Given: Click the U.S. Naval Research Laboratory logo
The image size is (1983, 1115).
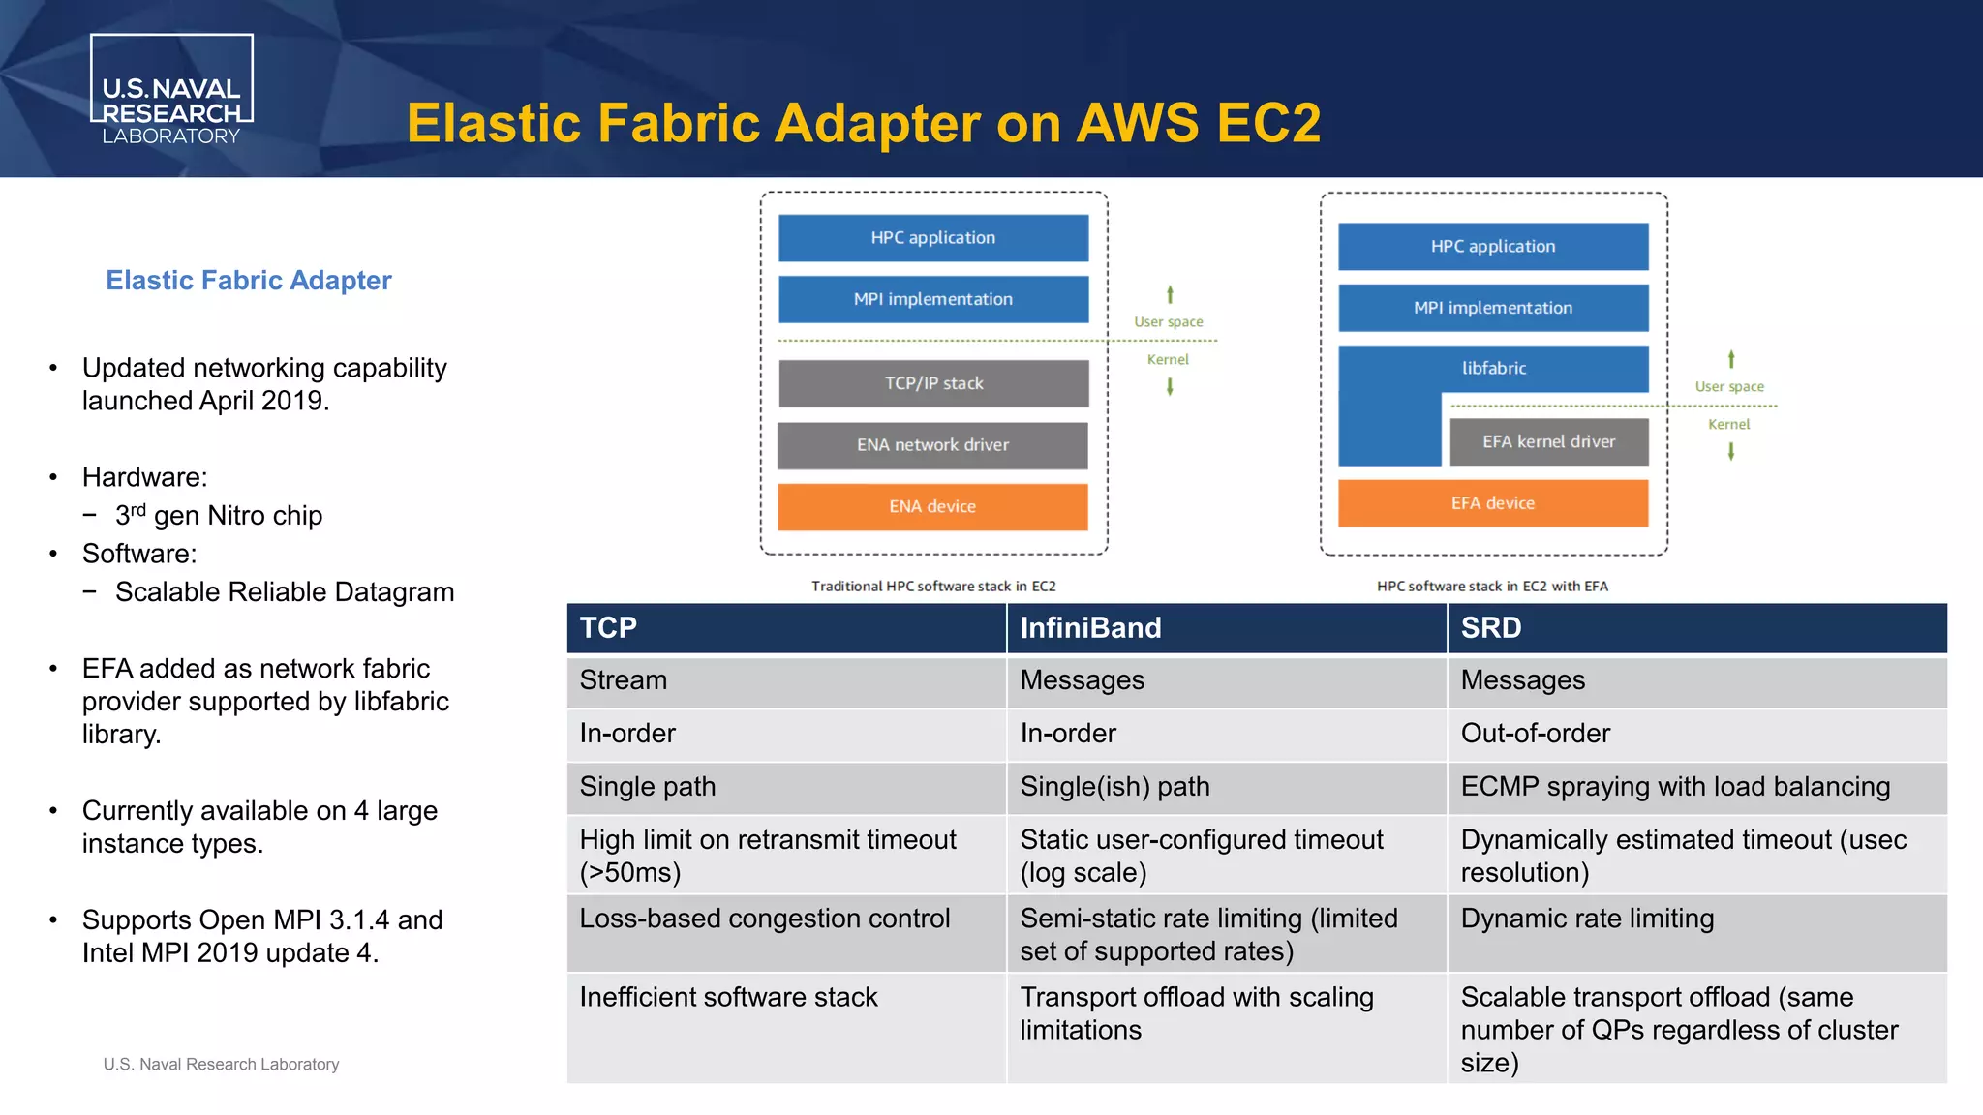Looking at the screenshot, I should point(171,90).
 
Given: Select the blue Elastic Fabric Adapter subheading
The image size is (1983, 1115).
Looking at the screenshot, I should point(249,281).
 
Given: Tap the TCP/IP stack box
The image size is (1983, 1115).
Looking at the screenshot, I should point(933,383).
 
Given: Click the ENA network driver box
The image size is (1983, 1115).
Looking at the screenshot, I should point(932,445).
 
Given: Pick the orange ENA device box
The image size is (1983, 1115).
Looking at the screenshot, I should point(932,506).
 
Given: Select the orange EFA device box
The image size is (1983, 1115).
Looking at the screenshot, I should point(1492,503).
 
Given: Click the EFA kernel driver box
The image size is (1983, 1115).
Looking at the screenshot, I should point(1548,441).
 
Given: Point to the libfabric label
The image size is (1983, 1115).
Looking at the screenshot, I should point(1493,368).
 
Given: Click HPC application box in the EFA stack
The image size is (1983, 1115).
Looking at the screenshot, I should point(1492,247).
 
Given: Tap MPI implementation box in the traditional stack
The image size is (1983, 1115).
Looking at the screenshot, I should point(932,299).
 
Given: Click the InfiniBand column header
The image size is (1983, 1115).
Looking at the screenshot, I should point(1090,628).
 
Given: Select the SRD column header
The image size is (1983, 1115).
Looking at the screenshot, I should point(1491,628).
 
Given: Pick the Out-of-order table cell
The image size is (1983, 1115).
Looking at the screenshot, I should point(1535,734).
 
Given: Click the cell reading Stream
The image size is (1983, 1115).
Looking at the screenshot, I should point(624,680).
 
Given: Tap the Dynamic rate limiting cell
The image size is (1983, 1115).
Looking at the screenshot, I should point(1587,919).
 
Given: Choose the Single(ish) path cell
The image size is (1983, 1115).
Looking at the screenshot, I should point(1114,787).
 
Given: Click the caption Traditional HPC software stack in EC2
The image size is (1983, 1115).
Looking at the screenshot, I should point(932,587).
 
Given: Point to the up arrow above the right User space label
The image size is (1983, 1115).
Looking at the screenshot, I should point(1731,359).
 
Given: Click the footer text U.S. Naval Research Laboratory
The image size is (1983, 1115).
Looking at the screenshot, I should point(221,1064).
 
